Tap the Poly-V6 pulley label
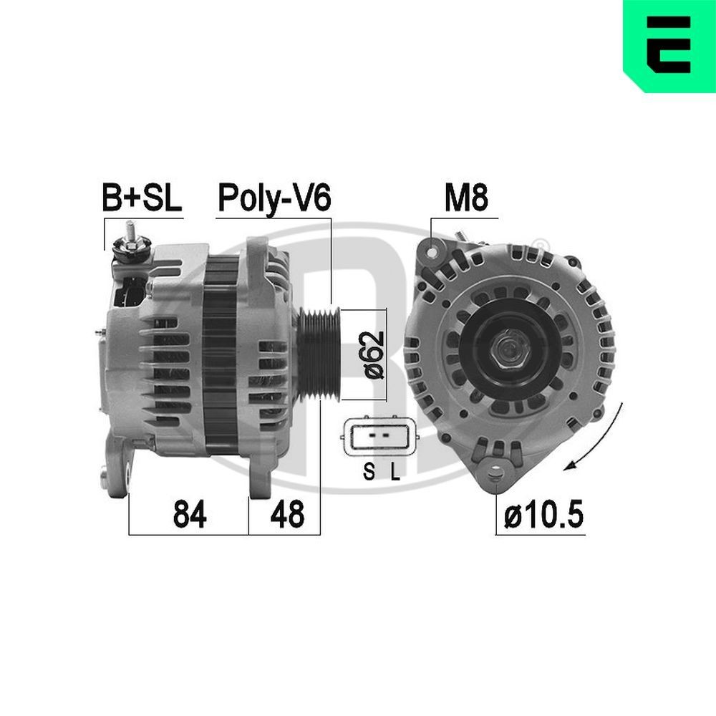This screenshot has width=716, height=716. (x=274, y=198)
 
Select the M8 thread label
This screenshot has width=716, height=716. (x=466, y=198)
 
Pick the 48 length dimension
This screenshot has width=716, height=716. (x=286, y=514)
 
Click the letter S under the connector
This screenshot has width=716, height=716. (x=368, y=471)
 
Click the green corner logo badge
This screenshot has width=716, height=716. (x=670, y=45)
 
